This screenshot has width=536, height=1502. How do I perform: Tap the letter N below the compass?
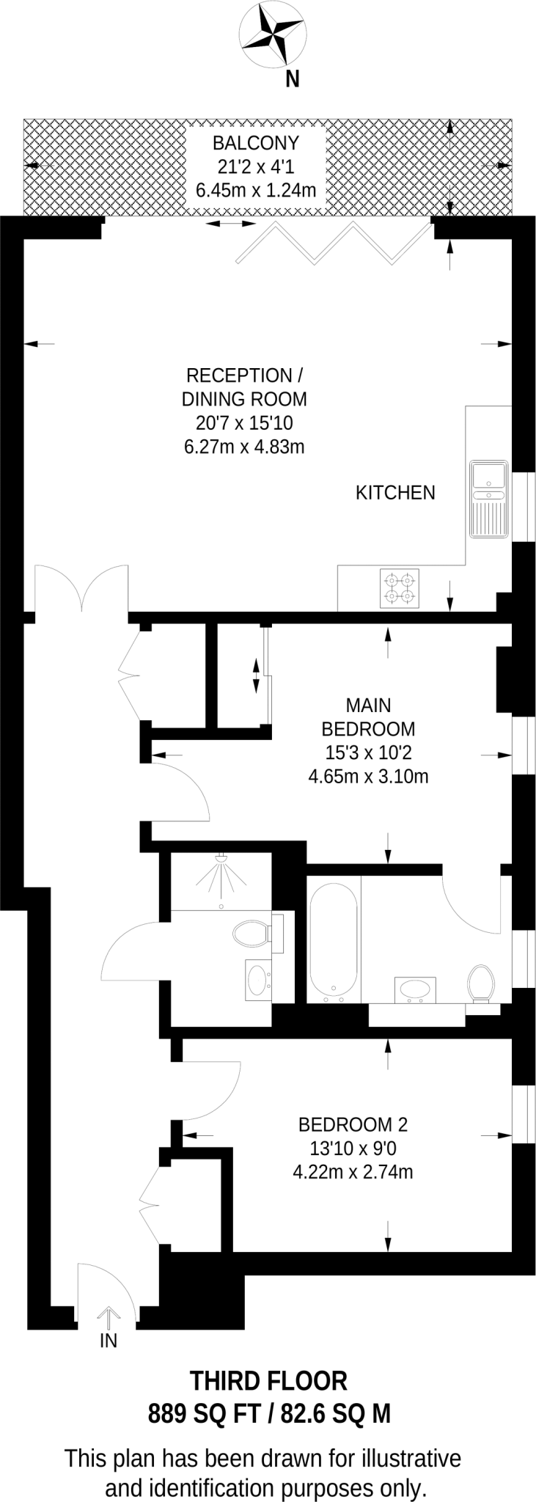[293, 79]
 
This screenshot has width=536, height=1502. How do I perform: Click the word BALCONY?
[256, 142]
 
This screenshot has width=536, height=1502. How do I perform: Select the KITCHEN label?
[395, 493]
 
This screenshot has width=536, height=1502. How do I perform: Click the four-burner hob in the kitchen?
[400, 589]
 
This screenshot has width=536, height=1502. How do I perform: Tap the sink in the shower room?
[257, 978]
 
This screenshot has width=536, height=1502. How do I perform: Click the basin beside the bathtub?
[416, 989]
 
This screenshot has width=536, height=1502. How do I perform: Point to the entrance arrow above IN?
[109, 1316]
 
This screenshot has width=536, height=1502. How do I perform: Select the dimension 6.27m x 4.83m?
[244, 446]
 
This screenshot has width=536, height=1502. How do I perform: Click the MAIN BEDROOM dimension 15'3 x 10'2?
[368, 752]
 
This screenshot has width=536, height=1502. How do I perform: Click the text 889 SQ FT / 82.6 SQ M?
[269, 1413]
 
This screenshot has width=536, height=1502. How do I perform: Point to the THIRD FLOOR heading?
[268, 1382]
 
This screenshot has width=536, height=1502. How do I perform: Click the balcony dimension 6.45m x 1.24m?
[256, 191]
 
